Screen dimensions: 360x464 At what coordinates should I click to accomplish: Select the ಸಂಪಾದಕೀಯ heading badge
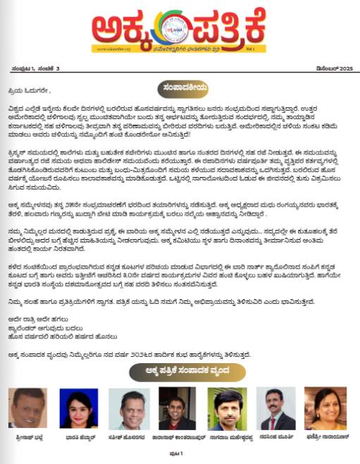(x=180, y=87)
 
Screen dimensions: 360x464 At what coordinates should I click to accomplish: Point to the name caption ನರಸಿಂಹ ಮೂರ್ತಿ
(x=275, y=436)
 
